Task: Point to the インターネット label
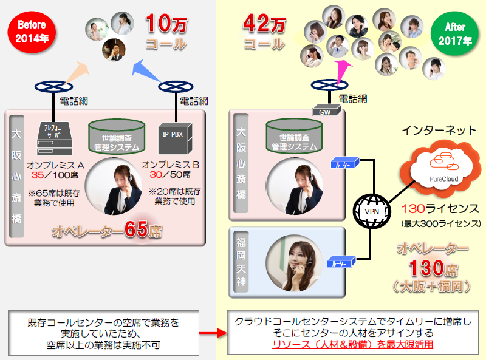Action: [x=439, y=131]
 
